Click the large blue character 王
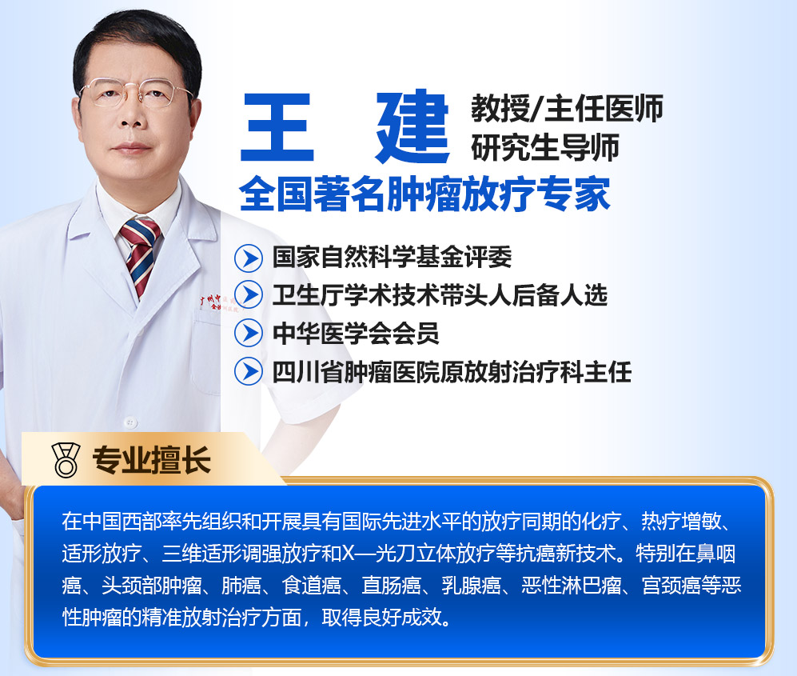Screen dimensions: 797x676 click(277, 127)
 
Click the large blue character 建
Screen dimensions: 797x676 click(412, 126)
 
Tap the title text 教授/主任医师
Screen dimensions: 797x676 click(567, 108)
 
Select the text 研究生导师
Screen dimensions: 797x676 click(545, 147)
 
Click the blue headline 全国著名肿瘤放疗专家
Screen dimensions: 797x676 click(424, 194)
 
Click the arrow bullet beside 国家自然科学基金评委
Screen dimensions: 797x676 click(249, 258)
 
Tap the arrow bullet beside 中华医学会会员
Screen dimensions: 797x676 click(249, 333)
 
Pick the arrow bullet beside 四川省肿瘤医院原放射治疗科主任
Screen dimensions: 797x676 click(249, 371)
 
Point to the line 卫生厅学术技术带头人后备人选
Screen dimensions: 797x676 click(440, 295)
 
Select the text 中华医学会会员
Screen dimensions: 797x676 click(356, 333)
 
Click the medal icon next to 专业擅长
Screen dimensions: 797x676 click(66, 460)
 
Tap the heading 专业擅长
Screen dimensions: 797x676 click(151, 460)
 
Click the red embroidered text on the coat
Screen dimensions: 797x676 click(217, 302)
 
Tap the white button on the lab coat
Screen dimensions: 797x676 click(130, 422)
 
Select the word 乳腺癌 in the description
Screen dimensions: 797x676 click(471, 586)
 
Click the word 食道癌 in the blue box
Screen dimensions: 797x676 click(312, 586)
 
